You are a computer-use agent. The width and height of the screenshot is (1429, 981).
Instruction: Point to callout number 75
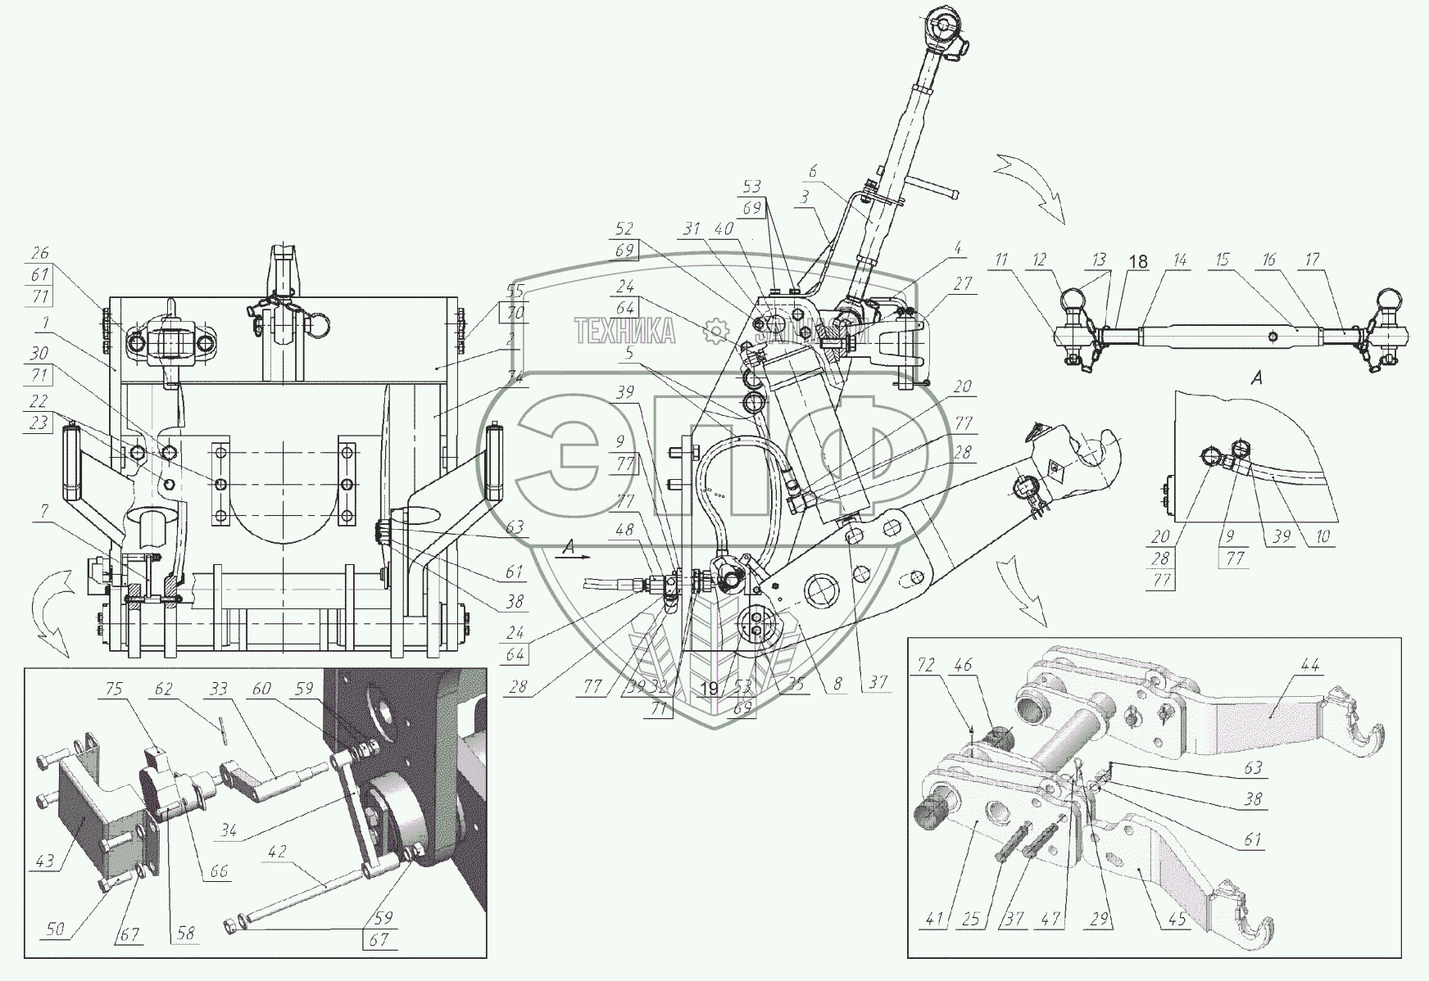click(114, 689)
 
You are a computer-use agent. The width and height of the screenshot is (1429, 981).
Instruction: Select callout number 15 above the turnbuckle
click(1222, 260)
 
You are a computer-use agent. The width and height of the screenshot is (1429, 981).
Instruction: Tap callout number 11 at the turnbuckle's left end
click(1000, 260)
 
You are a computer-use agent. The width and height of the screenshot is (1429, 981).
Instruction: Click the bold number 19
click(710, 689)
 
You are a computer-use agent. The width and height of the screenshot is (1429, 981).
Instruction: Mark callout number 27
click(963, 283)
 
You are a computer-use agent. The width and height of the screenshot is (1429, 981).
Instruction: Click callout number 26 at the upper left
click(40, 253)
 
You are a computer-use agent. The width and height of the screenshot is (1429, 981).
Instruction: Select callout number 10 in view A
click(1324, 536)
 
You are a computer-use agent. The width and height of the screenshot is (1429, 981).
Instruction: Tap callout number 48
click(625, 529)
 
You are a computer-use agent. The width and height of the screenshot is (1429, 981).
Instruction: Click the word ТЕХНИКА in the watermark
click(625, 332)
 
